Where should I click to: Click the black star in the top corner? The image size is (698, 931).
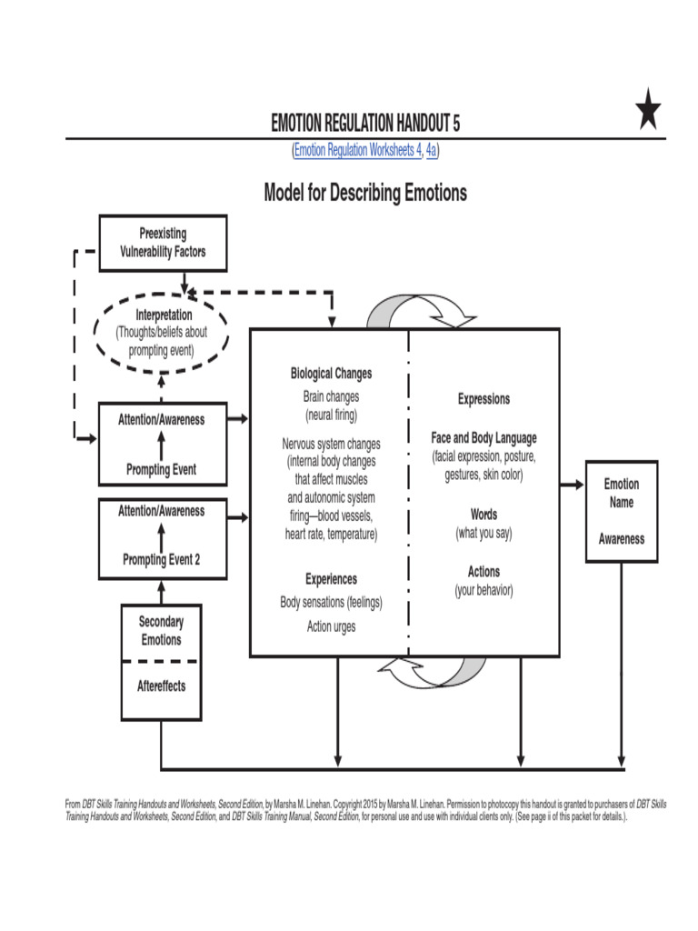tap(648, 112)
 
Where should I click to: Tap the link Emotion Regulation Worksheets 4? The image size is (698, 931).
tap(357, 151)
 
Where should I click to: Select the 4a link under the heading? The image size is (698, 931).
tap(432, 151)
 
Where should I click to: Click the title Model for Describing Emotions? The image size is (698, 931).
tap(365, 193)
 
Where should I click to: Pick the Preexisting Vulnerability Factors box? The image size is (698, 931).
tap(163, 242)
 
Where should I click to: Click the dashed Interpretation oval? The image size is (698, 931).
tap(161, 332)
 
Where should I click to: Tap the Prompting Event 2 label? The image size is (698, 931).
tap(162, 560)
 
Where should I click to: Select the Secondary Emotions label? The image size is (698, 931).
tap(161, 631)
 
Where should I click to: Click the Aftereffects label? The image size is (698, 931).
tap(161, 686)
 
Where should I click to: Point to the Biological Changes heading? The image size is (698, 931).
tap(331, 374)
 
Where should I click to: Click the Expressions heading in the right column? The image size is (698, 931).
tap(484, 399)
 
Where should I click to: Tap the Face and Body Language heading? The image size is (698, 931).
tap(484, 437)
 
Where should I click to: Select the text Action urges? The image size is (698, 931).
tap(331, 626)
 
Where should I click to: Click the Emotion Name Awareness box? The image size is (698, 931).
tap(621, 511)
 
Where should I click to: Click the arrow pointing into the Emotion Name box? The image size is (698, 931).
tap(573, 485)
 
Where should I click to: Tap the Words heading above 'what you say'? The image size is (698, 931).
tap(484, 515)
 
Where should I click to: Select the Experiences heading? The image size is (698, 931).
tap(331, 579)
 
